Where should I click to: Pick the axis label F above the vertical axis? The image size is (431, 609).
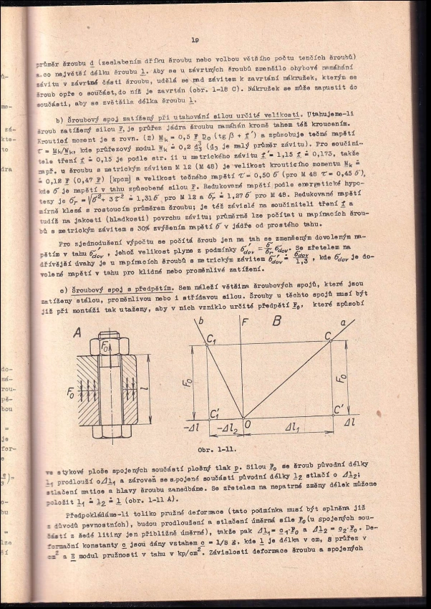coord(244,321)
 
